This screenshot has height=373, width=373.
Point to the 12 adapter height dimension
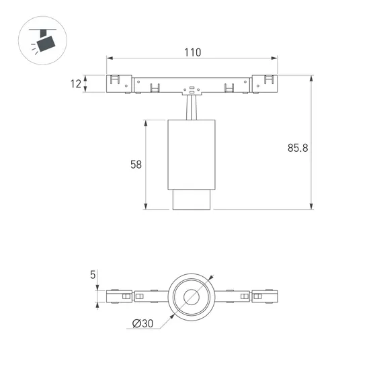pyautogui.click(x=75, y=84)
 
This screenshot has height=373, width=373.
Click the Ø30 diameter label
pyautogui.click(x=142, y=324)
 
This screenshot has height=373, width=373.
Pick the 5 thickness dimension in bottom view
pyautogui.click(x=93, y=274)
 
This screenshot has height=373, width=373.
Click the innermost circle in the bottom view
pyautogui.click(x=192, y=296)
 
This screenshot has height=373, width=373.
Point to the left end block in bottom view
pyautogui.click(x=118, y=296)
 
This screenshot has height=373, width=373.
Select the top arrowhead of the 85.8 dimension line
pyautogui.click(x=311, y=77)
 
